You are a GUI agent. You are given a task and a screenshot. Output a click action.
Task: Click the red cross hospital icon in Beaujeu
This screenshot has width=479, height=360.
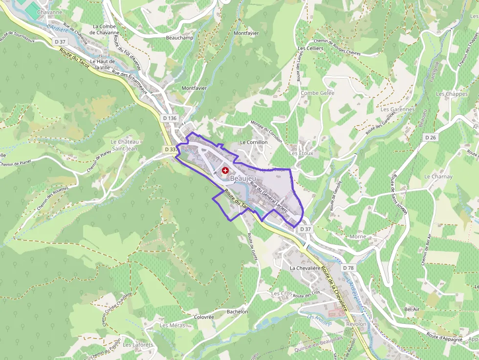225,170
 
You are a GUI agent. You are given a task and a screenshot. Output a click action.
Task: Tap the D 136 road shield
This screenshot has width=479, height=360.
170,118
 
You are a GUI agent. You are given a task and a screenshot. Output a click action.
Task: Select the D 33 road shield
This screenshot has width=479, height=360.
170,149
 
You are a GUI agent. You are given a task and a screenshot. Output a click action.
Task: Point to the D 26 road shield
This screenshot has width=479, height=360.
430,138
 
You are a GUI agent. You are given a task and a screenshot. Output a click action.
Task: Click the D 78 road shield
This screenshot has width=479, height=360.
348,268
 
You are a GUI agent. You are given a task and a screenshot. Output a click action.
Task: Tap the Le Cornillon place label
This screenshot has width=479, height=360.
254,142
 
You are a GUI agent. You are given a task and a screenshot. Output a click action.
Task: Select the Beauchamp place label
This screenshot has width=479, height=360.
180,38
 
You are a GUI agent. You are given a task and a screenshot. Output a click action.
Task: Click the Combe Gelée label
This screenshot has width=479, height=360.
317,93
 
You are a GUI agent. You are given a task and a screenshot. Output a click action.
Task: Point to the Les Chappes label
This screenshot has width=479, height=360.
452,94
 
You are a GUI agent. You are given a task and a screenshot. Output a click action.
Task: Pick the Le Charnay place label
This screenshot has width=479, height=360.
438,176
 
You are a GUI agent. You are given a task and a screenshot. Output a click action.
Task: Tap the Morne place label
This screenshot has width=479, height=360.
358,236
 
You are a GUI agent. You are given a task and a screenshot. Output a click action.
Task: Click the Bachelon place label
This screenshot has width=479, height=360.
238,312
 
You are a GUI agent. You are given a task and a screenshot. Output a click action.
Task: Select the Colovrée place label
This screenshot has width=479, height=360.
204,317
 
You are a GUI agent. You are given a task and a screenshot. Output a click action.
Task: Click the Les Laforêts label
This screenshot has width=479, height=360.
138,345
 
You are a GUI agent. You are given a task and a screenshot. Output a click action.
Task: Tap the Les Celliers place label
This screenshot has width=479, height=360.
310,49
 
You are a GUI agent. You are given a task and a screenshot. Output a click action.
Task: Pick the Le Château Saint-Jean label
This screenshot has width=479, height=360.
125,145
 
